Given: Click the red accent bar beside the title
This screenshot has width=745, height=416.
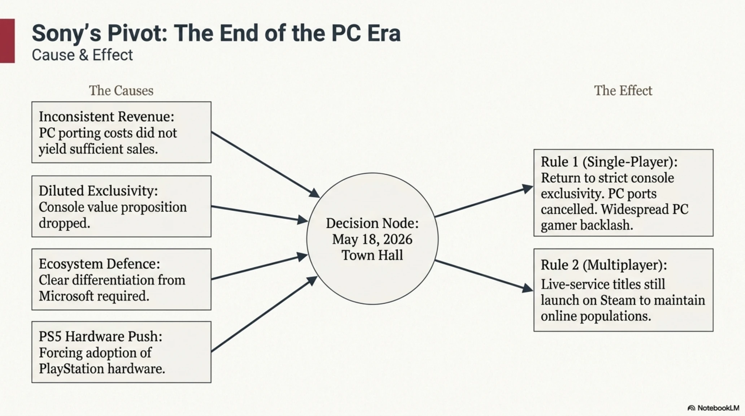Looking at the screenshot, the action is tap(7, 41).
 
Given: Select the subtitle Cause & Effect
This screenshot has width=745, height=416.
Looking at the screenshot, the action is tap(82, 55).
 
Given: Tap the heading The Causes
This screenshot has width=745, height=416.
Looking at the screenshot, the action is tap(121, 91).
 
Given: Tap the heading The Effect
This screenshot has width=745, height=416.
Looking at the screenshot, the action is tap(623, 91).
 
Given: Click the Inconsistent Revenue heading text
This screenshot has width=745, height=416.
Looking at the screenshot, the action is tap(106, 117).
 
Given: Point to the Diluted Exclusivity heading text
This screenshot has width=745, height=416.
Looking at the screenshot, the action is tap(98, 191).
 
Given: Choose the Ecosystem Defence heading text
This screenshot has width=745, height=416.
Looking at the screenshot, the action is tap(99, 264).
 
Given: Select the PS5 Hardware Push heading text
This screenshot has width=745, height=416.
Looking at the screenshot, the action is tap(100, 337).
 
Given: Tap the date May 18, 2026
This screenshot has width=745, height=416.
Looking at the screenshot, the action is tap(372, 239).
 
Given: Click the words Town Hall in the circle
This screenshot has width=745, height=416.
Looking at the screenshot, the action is tap(372, 255).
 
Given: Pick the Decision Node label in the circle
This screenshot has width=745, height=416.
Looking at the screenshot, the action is tap(372, 223).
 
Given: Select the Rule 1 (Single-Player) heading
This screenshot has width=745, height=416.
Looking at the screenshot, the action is tap(609, 162).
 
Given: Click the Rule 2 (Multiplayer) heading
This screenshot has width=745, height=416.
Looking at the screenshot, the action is tap(604, 265).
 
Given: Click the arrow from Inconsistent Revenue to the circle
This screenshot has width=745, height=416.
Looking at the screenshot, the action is tap(265, 165).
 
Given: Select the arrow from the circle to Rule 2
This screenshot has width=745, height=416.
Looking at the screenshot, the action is tap(484, 275).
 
